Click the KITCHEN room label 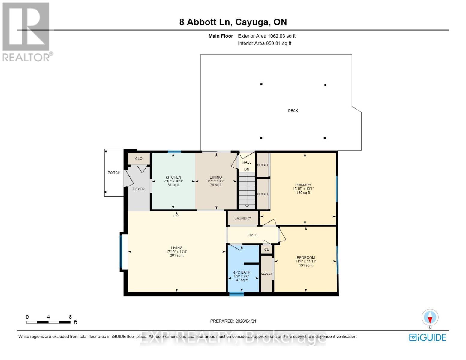point(173,177)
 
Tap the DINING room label point(216,177)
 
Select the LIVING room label point(177,248)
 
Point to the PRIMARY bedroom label point(303,185)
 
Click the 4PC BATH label point(242,272)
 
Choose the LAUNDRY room point(243,218)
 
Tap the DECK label point(293,110)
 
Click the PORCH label point(114,172)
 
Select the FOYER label point(138,189)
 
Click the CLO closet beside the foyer point(139,158)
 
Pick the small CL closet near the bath point(266,250)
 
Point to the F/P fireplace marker point(176,216)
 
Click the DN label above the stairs point(247,169)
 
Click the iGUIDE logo point(428,337)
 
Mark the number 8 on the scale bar point(70,317)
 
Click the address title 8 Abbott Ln point(233,22)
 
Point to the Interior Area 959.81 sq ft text point(264,43)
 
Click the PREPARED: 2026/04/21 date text point(233,321)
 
